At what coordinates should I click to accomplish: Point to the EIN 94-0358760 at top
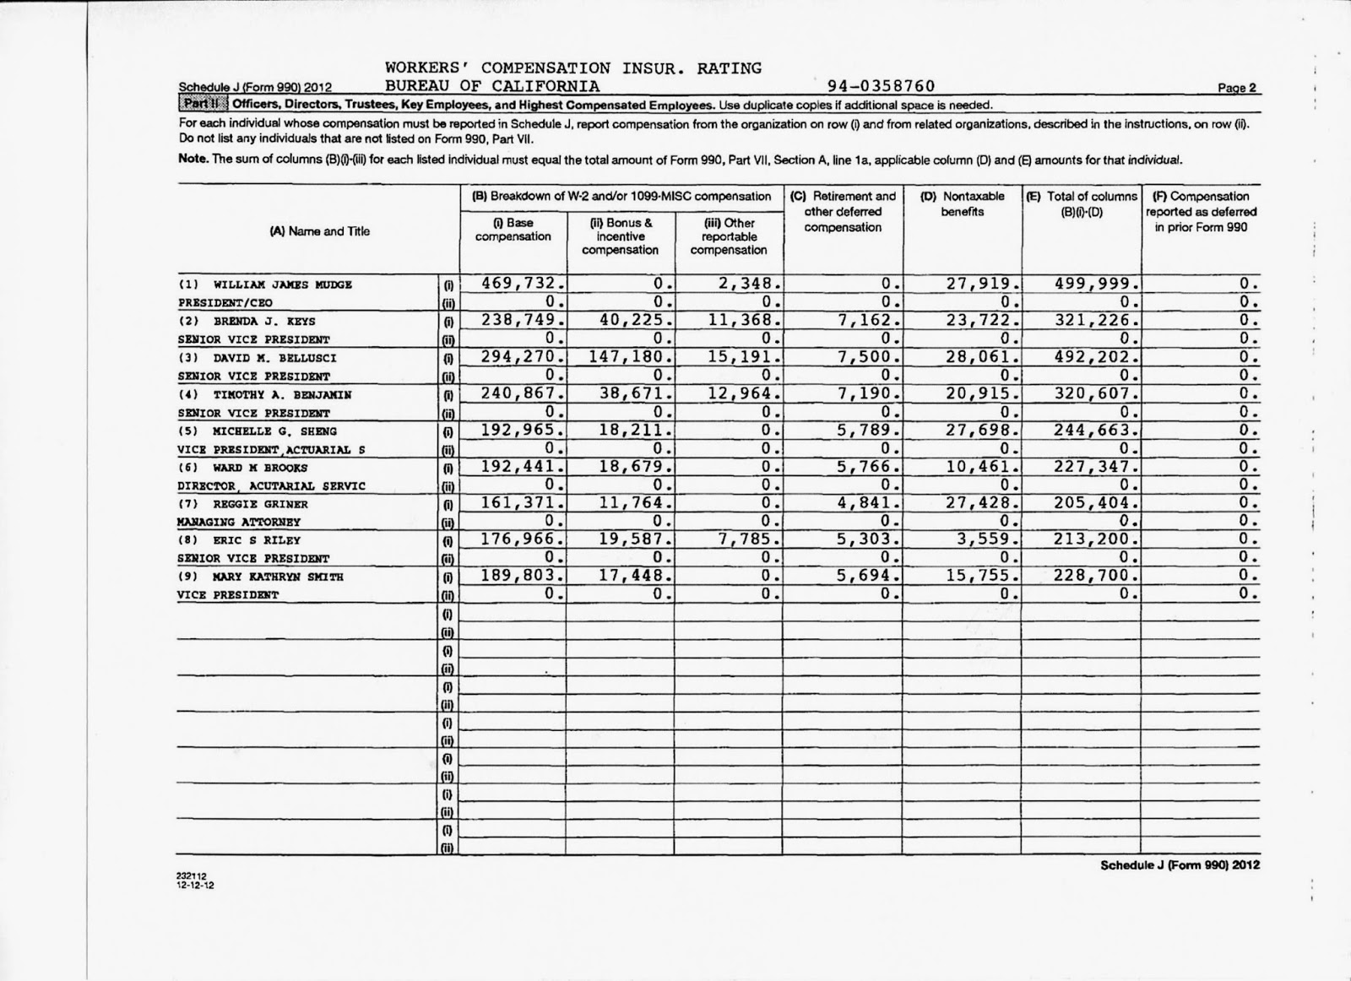(882, 86)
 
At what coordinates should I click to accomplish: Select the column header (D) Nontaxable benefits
(962, 203)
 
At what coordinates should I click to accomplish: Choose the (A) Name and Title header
(319, 231)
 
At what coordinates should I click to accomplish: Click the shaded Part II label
(202, 105)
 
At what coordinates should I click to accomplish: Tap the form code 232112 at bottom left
(189, 879)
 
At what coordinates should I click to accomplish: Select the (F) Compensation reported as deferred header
(1200, 211)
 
